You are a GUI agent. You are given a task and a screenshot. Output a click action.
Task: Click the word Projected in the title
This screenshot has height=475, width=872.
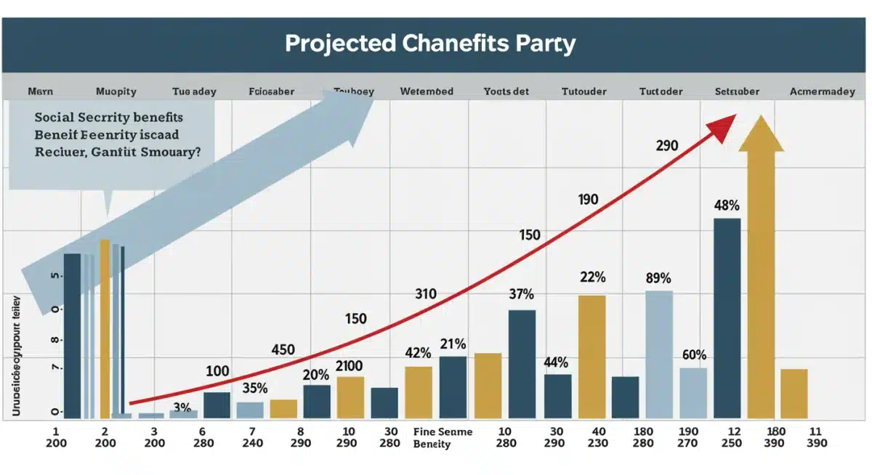click(x=339, y=43)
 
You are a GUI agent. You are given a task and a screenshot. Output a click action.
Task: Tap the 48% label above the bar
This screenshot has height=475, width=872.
click(x=727, y=205)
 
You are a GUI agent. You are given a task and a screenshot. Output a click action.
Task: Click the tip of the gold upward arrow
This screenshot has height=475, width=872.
click(x=761, y=118)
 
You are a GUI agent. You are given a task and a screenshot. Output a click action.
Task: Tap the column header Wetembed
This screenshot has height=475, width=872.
click(x=427, y=92)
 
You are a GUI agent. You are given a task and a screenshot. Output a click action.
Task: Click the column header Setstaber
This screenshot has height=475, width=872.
click(x=737, y=92)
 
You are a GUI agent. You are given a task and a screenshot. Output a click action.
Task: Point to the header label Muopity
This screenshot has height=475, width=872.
click(x=116, y=92)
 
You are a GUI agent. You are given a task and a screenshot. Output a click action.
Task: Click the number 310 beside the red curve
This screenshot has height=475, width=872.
click(x=425, y=294)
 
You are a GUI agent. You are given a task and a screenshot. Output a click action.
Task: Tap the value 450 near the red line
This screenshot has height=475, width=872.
click(x=283, y=349)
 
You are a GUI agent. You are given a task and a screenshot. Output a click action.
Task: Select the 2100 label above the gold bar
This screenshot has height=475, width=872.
click(x=350, y=366)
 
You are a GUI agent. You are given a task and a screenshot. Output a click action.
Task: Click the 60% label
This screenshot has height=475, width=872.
click(x=694, y=355)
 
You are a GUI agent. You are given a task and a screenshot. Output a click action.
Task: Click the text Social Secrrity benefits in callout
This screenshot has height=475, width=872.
click(x=108, y=117)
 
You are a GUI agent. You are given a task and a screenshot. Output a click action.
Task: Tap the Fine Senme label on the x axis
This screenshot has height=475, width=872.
click(x=443, y=432)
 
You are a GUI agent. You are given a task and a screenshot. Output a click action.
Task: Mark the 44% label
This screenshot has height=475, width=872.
click(x=557, y=362)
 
